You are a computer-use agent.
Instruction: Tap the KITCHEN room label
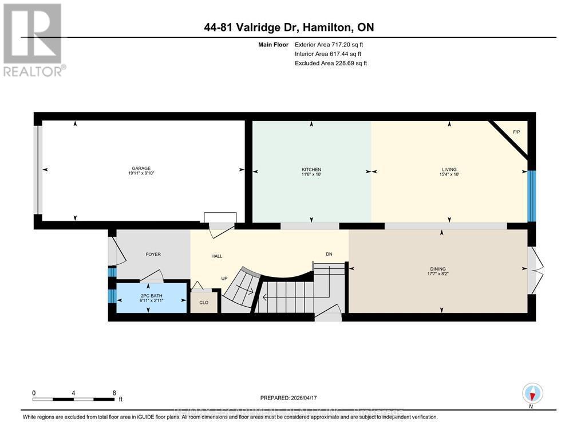coord(311,170)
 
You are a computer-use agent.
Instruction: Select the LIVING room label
coord(449,170)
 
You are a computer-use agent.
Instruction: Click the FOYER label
coord(153,254)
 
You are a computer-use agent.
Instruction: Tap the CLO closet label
coord(204,302)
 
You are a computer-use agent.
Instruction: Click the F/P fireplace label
coord(516,132)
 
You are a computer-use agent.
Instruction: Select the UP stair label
coord(225,279)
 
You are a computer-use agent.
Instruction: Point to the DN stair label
coord(329,254)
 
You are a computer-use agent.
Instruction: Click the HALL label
coord(216,256)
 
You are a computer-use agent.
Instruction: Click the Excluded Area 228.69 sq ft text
coord(330,63)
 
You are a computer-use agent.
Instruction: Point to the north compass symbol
coord(532,394)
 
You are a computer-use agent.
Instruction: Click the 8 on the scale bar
coord(114,393)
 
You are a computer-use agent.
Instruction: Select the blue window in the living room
coord(531,196)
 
